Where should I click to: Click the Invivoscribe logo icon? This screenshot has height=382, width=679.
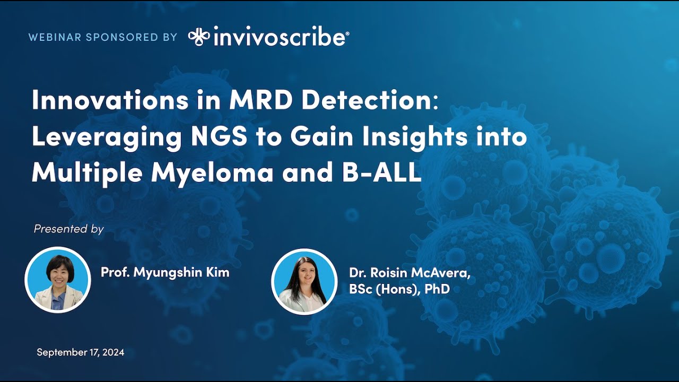pyautogui.click(x=199, y=37)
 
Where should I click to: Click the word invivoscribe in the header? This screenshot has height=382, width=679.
pyautogui.click(x=281, y=38)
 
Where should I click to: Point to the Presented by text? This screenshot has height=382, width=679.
pyautogui.click(x=68, y=229)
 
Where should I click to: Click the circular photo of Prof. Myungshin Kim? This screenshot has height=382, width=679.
pyautogui.click(x=58, y=280)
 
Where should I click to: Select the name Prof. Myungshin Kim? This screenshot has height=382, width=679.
pyautogui.click(x=165, y=273)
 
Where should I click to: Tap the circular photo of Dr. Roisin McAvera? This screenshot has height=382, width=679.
pyautogui.click(x=304, y=282)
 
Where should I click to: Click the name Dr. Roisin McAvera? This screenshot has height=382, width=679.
pyautogui.click(x=409, y=273)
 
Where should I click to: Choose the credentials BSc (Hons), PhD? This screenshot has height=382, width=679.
pyautogui.click(x=399, y=289)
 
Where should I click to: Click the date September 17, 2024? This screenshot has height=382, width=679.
pyautogui.click(x=81, y=352)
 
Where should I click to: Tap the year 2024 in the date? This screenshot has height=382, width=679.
pyautogui.click(x=114, y=352)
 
